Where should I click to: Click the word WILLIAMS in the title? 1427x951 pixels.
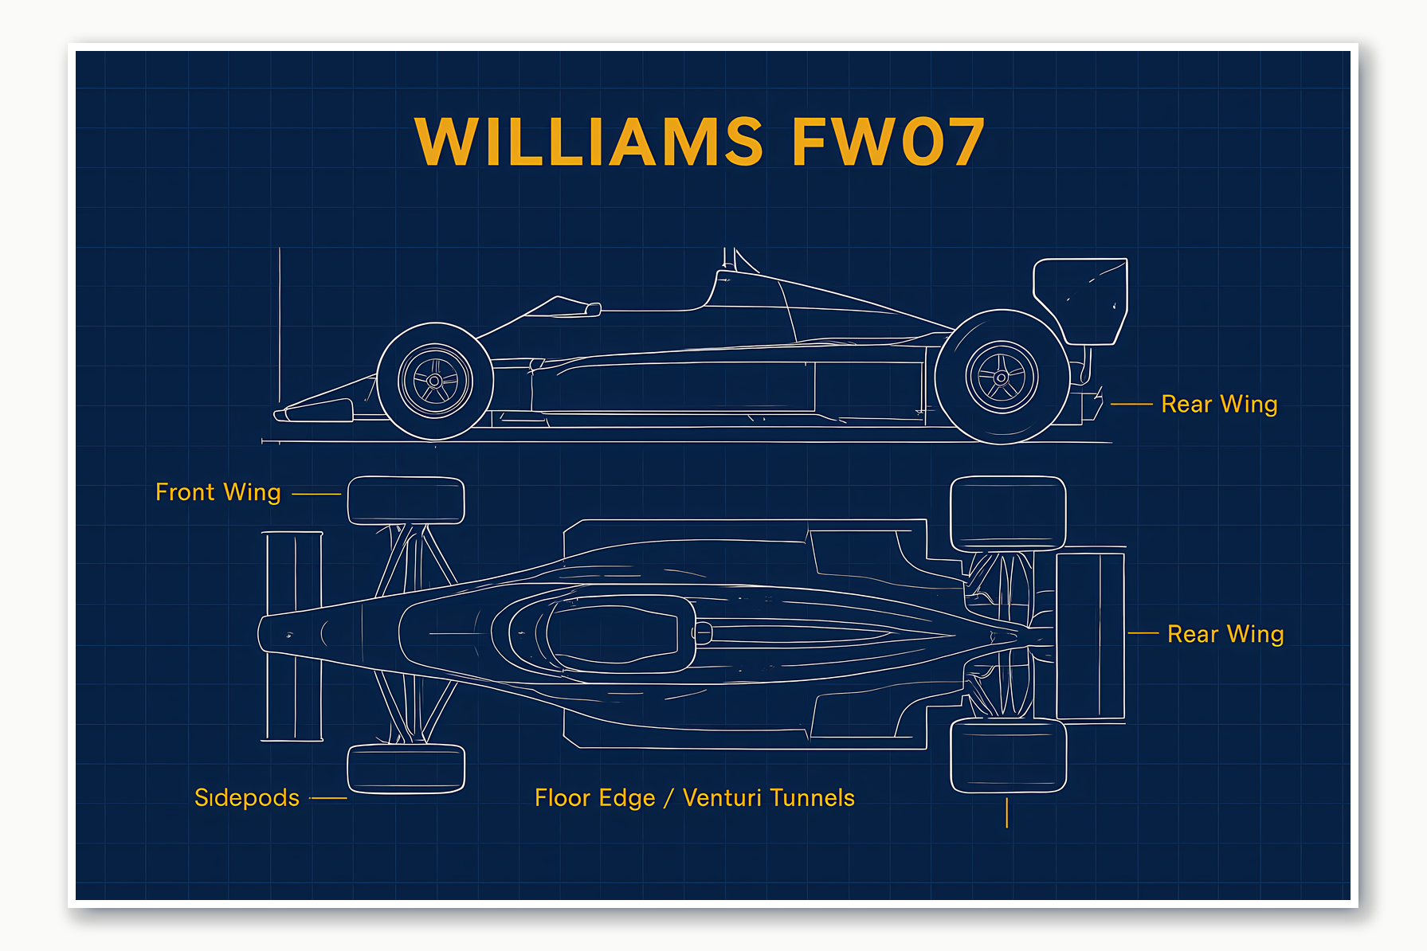point(589,142)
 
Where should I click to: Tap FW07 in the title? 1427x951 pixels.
point(888,142)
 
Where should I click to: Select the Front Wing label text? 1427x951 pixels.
point(218,492)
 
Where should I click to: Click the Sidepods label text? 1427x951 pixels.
point(247,797)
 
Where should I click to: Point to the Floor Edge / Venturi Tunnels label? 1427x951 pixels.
point(694,797)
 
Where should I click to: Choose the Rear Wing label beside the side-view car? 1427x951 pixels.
point(1219,404)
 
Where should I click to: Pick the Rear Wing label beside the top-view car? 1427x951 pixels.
point(1225,634)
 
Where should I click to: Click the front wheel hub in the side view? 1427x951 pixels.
point(434,382)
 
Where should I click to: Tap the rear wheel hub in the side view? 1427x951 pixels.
point(1002,378)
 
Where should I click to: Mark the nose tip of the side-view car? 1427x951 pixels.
point(280,414)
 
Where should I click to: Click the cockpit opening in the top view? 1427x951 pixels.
point(614,634)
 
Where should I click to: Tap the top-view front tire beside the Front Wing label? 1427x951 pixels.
point(406,500)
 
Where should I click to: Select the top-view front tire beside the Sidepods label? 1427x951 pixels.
point(406,769)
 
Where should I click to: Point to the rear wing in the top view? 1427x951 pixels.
point(1089,635)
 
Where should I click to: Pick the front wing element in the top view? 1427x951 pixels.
point(293,636)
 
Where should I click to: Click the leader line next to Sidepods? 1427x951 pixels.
point(328,797)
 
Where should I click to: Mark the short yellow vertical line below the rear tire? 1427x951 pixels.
point(1007,813)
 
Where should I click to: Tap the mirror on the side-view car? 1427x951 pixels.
point(593,309)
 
